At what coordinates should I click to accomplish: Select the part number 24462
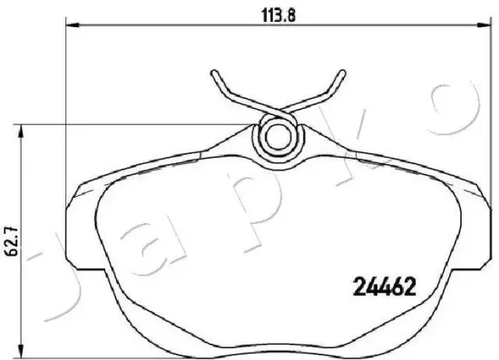point(383,289)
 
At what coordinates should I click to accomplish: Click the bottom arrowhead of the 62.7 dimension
point(23,355)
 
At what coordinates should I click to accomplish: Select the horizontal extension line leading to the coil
point(136,124)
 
